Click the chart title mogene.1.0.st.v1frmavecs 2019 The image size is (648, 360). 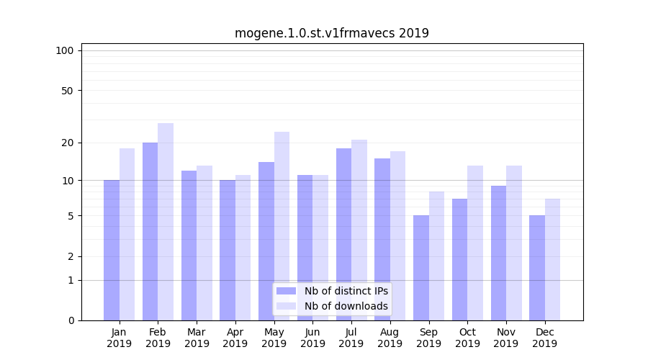pyautogui.click(x=331, y=33)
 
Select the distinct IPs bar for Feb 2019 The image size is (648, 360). pyautogui.click(x=150, y=231)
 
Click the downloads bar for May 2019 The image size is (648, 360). pyautogui.click(x=282, y=226)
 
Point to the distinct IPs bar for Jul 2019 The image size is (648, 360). pyautogui.click(x=343, y=234)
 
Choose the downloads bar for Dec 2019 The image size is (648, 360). pyautogui.click(x=552, y=259)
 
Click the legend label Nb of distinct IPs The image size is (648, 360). pyautogui.click(x=346, y=291)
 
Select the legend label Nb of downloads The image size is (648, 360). pyautogui.click(x=346, y=306)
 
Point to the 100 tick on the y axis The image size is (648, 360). pyautogui.click(x=65, y=50)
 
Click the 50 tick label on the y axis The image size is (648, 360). pyautogui.click(x=68, y=91)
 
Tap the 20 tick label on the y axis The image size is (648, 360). pyautogui.click(x=68, y=143)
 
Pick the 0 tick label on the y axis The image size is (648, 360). pyautogui.click(x=71, y=320)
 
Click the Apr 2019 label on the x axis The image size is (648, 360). pyautogui.click(x=235, y=338)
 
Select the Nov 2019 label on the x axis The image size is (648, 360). pyautogui.click(x=506, y=338)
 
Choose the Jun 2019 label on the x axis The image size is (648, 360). pyautogui.click(x=312, y=338)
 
